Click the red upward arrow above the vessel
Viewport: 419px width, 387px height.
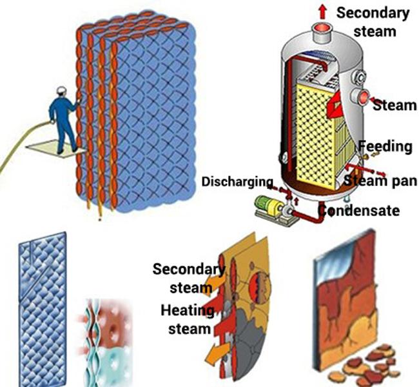pos(321,8)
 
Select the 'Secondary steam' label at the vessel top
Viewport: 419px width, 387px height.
pos(373,21)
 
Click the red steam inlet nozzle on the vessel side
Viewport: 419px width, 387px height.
pos(364,98)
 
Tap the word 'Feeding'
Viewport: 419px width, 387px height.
pos(385,146)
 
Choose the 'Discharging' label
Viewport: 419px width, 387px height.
pos(237,181)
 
